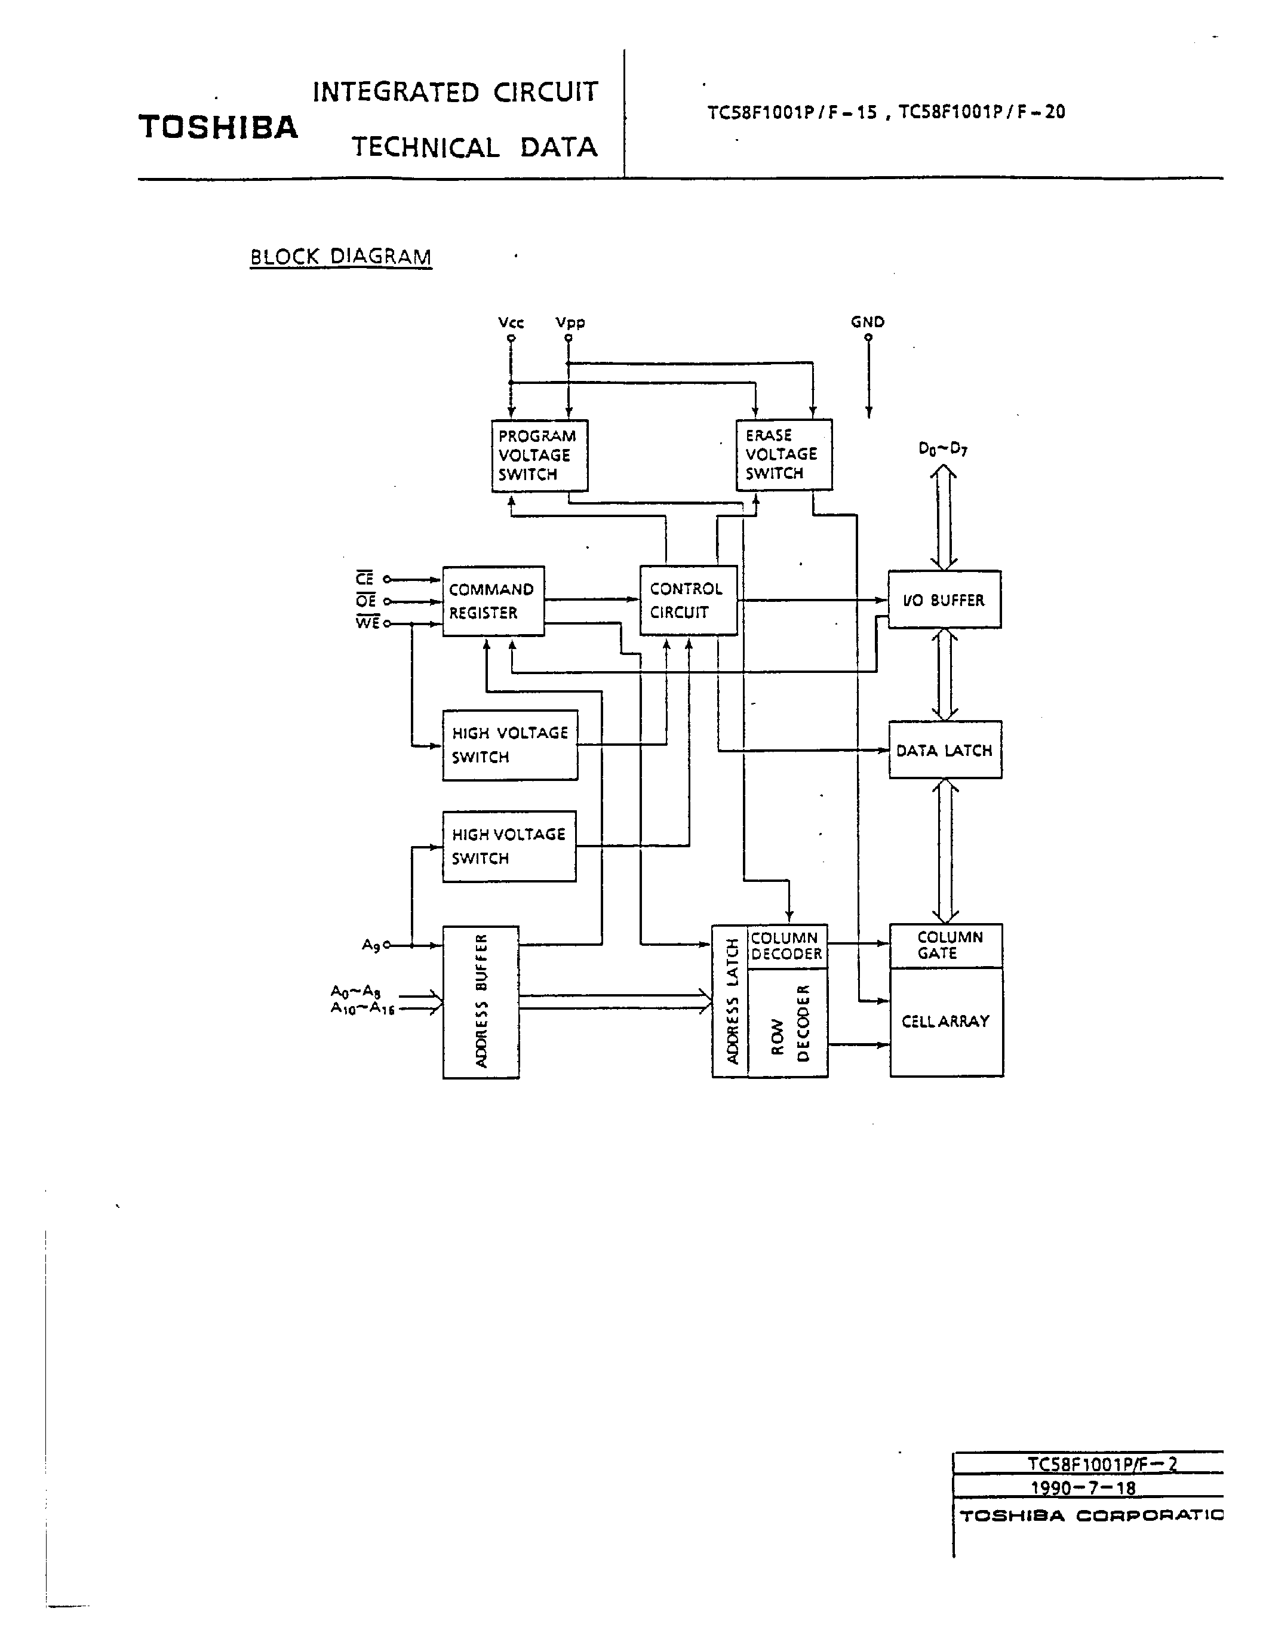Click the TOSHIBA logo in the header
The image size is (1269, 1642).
tap(218, 127)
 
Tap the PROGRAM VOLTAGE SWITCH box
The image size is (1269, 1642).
tap(539, 456)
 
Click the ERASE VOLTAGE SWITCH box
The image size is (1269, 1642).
tap(783, 455)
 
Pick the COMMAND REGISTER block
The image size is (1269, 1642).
tap(493, 601)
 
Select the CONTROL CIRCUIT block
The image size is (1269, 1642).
tap(687, 600)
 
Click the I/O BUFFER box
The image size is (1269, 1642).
tap(944, 600)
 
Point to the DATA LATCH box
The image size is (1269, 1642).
tap(944, 751)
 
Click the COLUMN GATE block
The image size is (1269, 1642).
tap(946, 945)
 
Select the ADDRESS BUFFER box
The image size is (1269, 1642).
tap(480, 1002)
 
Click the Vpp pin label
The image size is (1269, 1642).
tap(570, 322)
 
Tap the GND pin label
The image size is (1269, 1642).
tap(868, 322)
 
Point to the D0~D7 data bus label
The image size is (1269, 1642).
tap(943, 449)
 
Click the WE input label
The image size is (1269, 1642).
tap(368, 623)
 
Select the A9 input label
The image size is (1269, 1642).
tap(371, 945)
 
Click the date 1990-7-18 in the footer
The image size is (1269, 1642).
tap(1083, 1488)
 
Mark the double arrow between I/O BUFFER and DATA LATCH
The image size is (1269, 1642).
tap(944, 674)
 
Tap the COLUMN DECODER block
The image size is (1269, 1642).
tap(786, 946)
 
